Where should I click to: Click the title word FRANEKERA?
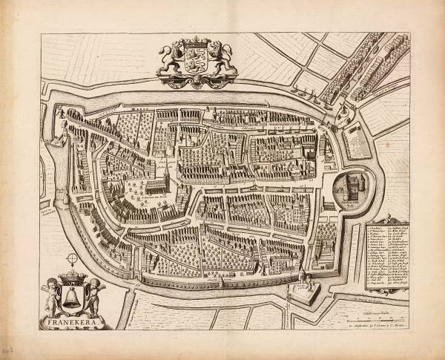[x=73, y=322]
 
